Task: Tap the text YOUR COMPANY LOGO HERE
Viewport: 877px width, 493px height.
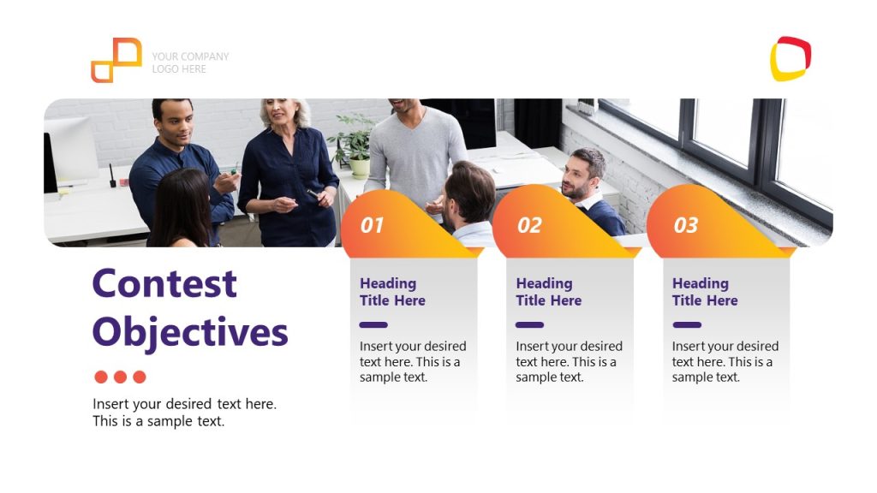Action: tap(190, 62)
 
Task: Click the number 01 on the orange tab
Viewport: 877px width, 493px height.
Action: tap(372, 225)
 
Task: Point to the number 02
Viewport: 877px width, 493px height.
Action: tap(529, 225)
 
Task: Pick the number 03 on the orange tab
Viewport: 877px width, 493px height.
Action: tap(686, 225)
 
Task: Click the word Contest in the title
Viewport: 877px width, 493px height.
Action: tap(164, 283)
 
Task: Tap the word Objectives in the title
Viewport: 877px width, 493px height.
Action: tap(190, 333)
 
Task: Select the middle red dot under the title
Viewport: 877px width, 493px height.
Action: tap(120, 377)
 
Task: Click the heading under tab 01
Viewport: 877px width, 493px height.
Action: tap(392, 292)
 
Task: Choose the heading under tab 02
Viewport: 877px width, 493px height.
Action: tap(548, 292)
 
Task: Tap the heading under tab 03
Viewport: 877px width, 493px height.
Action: tap(705, 292)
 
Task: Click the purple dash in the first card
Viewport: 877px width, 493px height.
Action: tap(373, 324)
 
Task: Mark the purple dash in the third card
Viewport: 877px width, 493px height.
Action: tap(687, 324)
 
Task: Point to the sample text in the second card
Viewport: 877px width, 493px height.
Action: tap(569, 362)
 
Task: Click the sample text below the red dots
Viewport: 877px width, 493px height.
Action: tap(185, 413)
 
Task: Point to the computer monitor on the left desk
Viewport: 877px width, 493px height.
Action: tap(72, 150)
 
